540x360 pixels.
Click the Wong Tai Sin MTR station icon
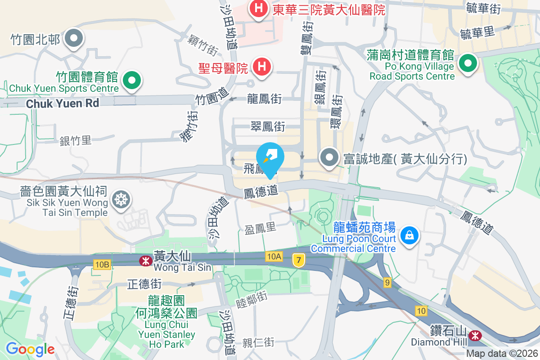point(145,260)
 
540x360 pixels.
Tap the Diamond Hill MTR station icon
point(474,335)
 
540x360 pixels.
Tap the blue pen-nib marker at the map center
point(270,157)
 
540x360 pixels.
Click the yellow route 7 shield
point(298,260)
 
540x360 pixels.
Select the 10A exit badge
point(274,256)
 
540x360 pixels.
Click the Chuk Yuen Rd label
point(62,103)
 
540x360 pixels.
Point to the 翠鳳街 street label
point(268,127)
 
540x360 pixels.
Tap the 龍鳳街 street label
point(265,99)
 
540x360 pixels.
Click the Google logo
point(30,349)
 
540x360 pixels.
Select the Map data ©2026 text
point(501,354)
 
